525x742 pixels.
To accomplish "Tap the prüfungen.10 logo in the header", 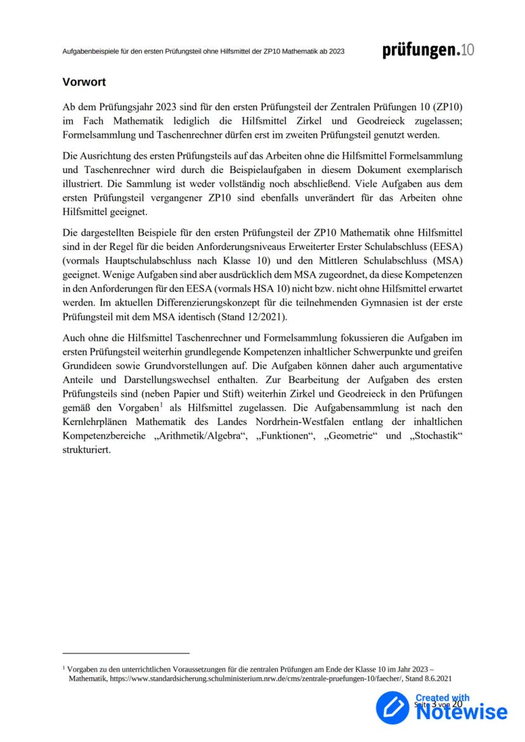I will click(x=428, y=51).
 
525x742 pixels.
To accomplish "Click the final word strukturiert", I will click(x=87, y=450).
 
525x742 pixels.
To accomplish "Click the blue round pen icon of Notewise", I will click(x=392, y=706).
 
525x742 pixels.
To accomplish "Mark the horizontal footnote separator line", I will click(x=126, y=653).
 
